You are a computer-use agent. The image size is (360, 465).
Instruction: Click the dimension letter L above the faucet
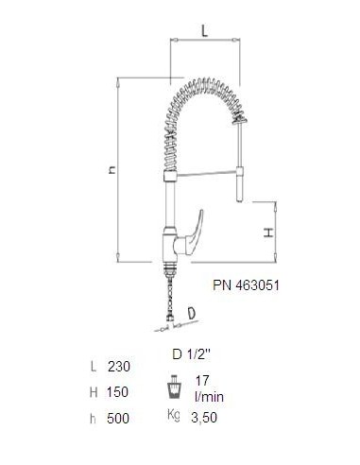point(205,31)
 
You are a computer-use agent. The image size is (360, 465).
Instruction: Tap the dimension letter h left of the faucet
point(111,170)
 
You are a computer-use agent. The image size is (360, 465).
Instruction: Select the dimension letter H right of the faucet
point(268,232)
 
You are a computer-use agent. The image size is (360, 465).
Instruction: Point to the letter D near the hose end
point(191,313)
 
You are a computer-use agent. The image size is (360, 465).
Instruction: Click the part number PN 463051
point(246,285)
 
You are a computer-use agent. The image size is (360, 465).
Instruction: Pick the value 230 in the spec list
point(119,367)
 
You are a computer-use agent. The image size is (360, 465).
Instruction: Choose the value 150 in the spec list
point(117,392)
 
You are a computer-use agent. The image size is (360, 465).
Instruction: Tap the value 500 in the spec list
point(118,419)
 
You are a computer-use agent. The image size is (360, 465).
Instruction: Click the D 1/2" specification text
point(191,354)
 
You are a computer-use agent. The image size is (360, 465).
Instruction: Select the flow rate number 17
point(202,381)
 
